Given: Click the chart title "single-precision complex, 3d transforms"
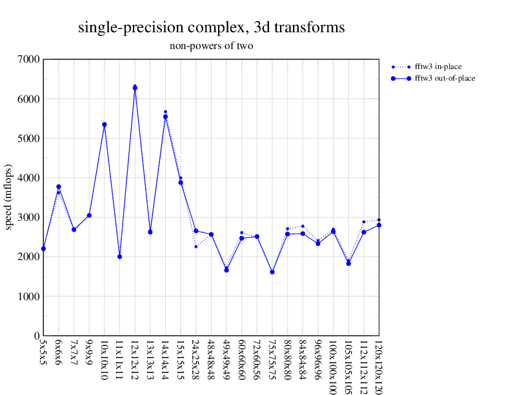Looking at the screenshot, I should [211, 28].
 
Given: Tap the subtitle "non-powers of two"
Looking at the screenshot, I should [211, 46].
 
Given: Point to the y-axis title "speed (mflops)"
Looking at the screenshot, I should [9, 197].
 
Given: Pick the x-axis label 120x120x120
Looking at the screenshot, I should [379, 364].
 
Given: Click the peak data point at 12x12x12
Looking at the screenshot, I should [135, 88].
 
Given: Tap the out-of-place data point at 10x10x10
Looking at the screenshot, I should [105, 125].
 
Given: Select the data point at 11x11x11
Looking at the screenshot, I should [119, 257].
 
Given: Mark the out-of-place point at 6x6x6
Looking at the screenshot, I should [59, 187].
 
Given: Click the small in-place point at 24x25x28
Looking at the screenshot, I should [196, 247].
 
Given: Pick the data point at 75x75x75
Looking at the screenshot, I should [272, 272].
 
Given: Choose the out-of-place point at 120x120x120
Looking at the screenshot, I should [379, 225].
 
